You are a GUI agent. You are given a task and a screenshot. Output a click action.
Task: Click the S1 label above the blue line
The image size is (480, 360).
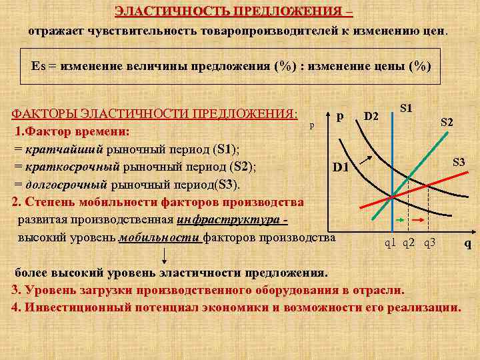point(405,108)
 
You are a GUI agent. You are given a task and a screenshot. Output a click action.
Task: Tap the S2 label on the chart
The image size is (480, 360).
point(447,122)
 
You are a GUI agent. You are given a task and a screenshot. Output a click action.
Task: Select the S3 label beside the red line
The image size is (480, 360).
point(459,162)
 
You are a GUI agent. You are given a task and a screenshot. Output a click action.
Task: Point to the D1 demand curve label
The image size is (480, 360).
point(341,166)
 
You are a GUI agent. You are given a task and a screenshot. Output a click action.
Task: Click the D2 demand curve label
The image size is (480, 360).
point(371,117)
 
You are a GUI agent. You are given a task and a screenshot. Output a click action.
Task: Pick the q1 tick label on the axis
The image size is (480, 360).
point(391,243)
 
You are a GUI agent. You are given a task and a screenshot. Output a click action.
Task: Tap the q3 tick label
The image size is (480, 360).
point(429,243)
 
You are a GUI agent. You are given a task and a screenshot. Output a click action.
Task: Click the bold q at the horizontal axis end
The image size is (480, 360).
point(467,243)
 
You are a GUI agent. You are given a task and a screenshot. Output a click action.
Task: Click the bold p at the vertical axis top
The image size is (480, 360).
point(341,115)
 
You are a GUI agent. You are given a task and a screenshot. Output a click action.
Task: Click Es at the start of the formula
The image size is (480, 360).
point(38,67)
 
